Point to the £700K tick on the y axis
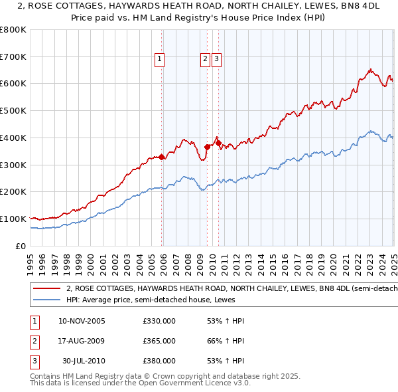[x=13, y=56]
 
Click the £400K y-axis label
[x=13, y=138]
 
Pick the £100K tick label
[x=13, y=219]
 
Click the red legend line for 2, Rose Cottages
[x=47, y=289]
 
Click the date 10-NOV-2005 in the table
[x=82, y=321]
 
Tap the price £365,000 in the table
[x=159, y=341]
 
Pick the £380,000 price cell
[x=159, y=361]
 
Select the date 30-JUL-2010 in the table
[x=83, y=361]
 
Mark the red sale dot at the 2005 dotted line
[x=162, y=157]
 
